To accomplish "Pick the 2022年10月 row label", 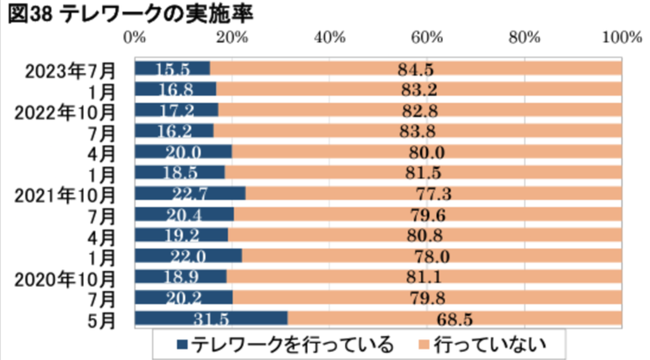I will [x=65, y=113].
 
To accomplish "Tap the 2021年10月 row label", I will [x=65, y=196].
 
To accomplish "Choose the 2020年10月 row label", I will [x=65, y=280].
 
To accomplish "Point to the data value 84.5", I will [x=416, y=70].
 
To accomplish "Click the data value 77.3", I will [x=433, y=194].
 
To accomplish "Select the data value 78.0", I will [x=432, y=257].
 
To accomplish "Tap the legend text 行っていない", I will [x=490, y=345].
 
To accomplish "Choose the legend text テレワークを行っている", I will [x=292, y=345].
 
